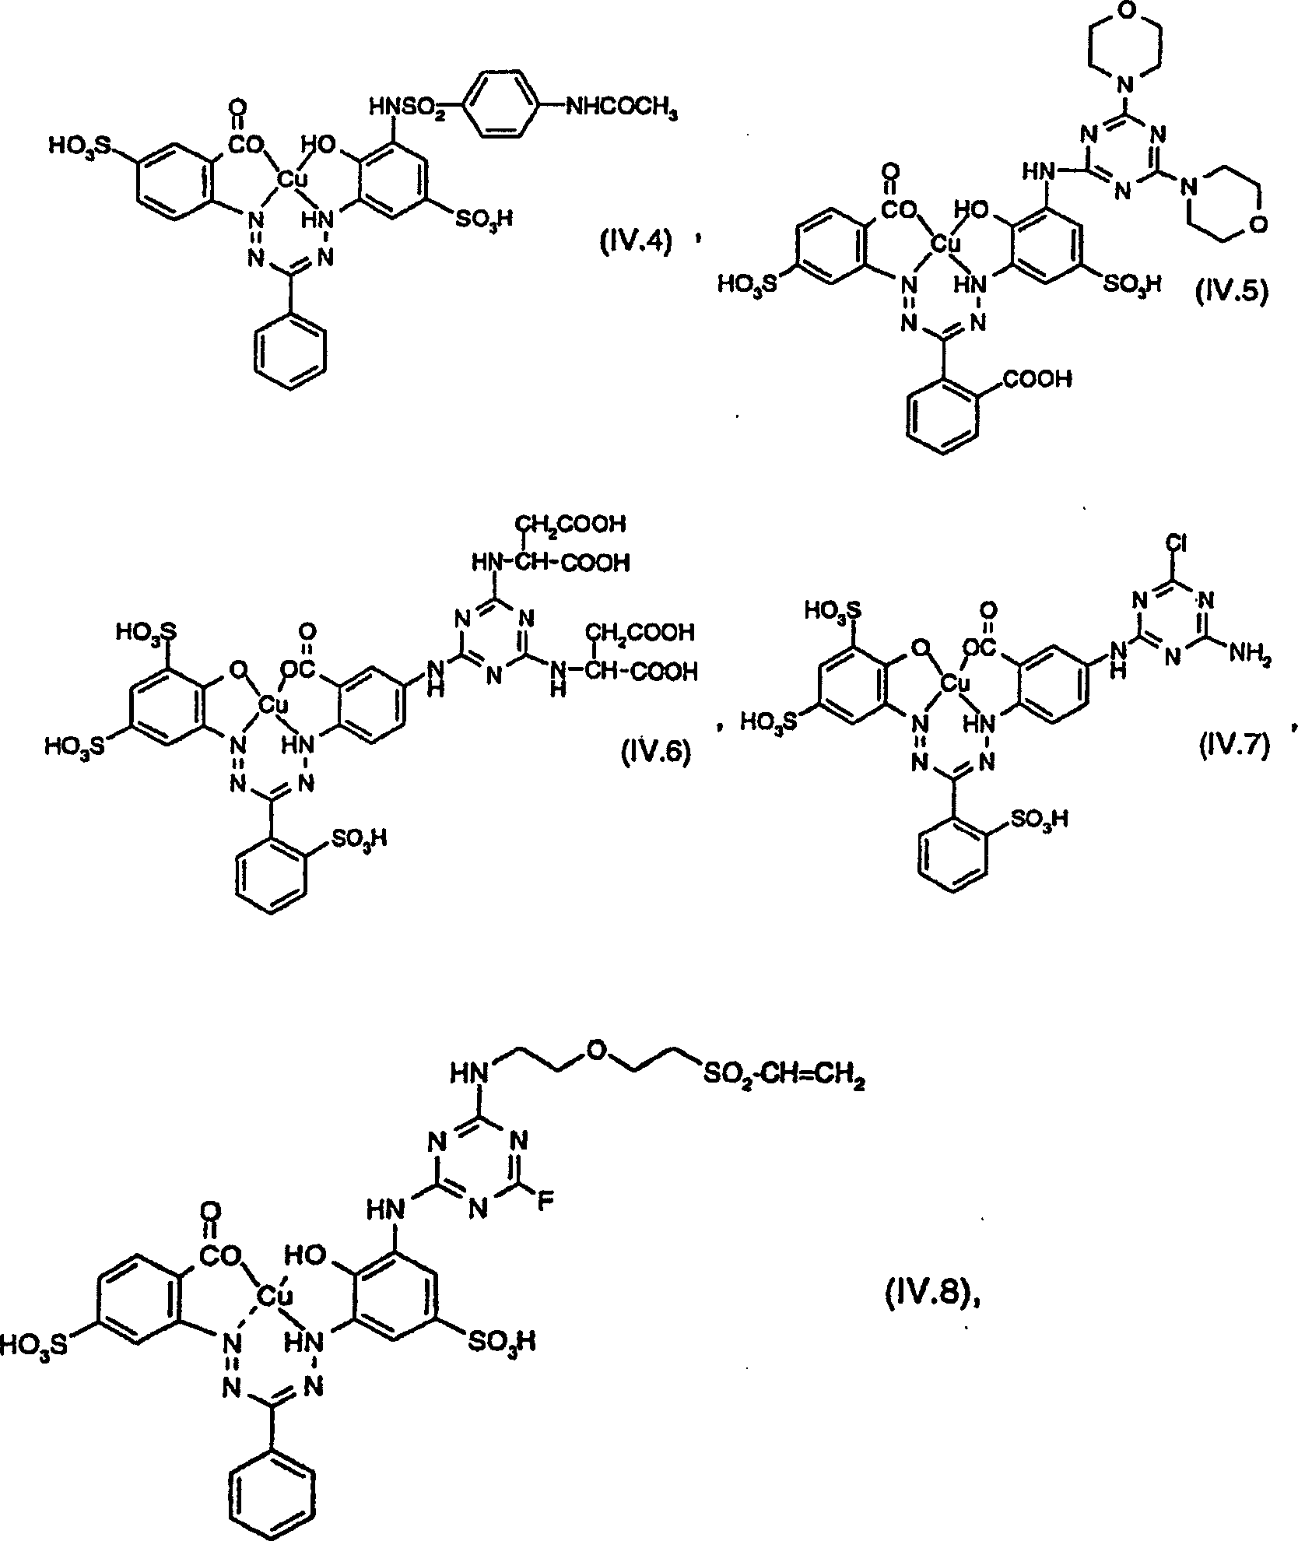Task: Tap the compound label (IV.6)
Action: [x=655, y=753]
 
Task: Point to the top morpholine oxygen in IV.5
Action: [x=1124, y=12]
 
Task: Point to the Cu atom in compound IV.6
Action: [x=273, y=705]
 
